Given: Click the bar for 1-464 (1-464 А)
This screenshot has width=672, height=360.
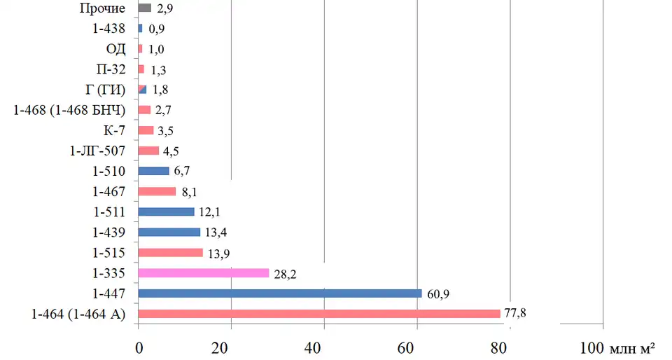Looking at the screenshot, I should (x=319, y=314).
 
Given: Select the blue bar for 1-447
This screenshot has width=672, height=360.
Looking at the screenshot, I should (x=280, y=293).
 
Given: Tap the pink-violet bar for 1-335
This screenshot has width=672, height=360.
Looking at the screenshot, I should (x=204, y=273).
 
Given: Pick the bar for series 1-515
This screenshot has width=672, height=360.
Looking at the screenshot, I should (x=171, y=252).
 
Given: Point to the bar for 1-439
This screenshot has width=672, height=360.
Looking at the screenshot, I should (x=169, y=232).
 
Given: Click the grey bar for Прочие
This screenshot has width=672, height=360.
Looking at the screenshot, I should (x=145, y=8).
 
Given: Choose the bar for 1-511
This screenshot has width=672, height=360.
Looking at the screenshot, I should (x=167, y=212).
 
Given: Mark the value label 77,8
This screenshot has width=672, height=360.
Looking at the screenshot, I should (x=514, y=312).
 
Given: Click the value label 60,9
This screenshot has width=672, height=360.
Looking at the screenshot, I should (x=437, y=293).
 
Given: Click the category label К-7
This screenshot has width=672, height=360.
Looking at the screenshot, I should (x=113, y=130).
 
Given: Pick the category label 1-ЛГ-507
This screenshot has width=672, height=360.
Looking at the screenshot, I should (x=97, y=151).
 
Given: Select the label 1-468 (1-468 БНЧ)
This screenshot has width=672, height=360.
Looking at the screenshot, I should (x=69, y=110).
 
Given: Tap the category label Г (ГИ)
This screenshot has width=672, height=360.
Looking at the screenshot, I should (x=104, y=90).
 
